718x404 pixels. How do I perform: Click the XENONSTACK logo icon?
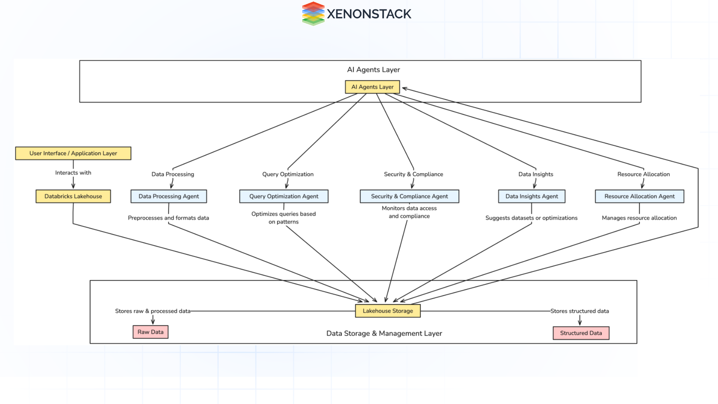click(313, 14)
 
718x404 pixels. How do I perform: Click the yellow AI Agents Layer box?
click(372, 87)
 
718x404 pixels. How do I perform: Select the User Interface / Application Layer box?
click(73, 153)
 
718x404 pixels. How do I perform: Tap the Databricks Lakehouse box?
click(73, 196)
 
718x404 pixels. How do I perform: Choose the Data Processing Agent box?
click(169, 196)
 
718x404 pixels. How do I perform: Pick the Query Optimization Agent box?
click(284, 196)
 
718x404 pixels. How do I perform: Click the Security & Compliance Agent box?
click(409, 196)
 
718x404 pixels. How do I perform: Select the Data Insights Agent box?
click(531, 196)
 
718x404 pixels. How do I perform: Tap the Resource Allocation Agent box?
click(639, 196)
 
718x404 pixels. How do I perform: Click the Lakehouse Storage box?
click(388, 311)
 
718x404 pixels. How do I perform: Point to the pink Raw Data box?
click(150, 332)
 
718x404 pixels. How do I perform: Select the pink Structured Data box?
click(581, 333)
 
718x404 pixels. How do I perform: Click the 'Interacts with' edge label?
click(73, 173)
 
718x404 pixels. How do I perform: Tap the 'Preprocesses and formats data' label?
click(168, 218)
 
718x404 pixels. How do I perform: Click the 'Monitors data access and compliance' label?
click(409, 212)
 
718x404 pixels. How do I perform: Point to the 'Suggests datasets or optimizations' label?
click(531, 218)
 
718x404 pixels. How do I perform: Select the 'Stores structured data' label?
click(580, 311)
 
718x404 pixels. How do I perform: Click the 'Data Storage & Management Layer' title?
click(384, 333)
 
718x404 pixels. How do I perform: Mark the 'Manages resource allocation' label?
click(639, 218)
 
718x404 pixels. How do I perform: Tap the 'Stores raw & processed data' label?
click(153, 311)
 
